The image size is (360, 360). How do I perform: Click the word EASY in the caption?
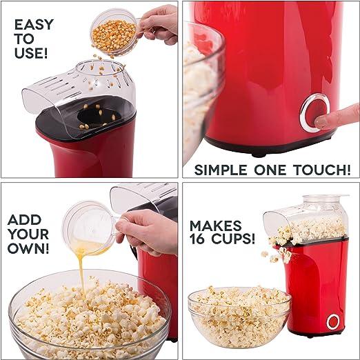click(x=34, y=25)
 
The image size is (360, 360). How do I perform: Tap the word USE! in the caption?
click(x=31, y=52)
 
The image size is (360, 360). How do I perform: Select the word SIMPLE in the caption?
click(x=221, y=170)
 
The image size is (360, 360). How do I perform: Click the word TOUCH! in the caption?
click(x=322, y=170)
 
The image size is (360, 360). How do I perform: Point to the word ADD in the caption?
click(x=24, y=220)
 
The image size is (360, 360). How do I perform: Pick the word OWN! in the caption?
click(x=28, y=248)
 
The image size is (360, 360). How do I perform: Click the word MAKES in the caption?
click(x=216, y=226)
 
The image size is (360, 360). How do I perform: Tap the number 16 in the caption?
click(x=197, y=239)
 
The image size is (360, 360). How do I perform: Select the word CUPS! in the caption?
click(x=233, y=239)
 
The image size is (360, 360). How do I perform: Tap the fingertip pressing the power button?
click(x=322, y=122)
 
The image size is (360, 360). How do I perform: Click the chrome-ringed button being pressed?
click(x=314, y=112)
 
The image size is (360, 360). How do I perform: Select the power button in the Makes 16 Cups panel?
click(x=333, y=321)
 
